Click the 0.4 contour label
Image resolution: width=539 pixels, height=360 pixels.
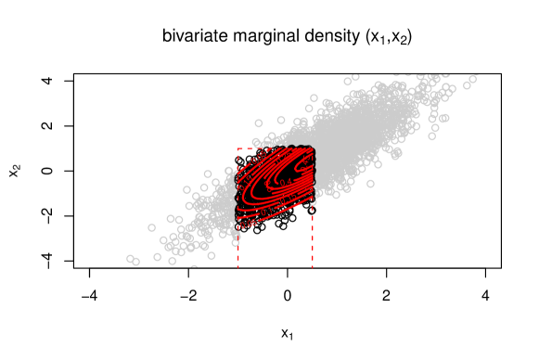click(x=284, y=183)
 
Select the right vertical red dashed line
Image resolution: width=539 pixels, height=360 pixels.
click(x=313, y=241)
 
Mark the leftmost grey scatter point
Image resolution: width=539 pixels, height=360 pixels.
click(x=131, y=259)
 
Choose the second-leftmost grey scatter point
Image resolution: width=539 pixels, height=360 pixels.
click(x=136, y=262)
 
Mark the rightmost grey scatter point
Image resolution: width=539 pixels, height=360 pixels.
click(x=472, y=79)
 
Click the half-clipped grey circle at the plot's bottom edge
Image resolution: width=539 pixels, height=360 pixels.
click(x=194, y=267)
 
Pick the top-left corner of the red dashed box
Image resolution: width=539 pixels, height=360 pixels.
click(x=238, y=148)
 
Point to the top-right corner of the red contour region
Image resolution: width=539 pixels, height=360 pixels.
click(x=312, y=149)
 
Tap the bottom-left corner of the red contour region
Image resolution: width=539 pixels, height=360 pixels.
click(x=239, y=226)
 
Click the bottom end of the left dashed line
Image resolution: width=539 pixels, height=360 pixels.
click(x=238, y=268)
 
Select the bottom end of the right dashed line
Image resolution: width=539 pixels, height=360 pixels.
click(x=313, y=268)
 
